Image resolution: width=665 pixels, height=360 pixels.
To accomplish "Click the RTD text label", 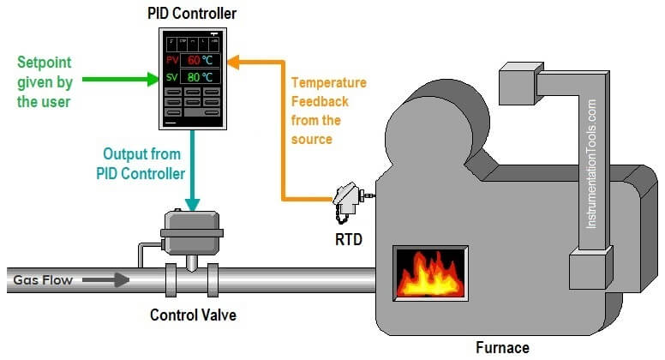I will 347,240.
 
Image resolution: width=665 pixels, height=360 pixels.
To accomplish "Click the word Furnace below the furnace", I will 502,347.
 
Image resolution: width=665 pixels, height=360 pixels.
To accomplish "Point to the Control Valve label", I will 193,315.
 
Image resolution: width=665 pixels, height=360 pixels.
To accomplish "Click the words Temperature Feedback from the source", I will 328,111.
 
